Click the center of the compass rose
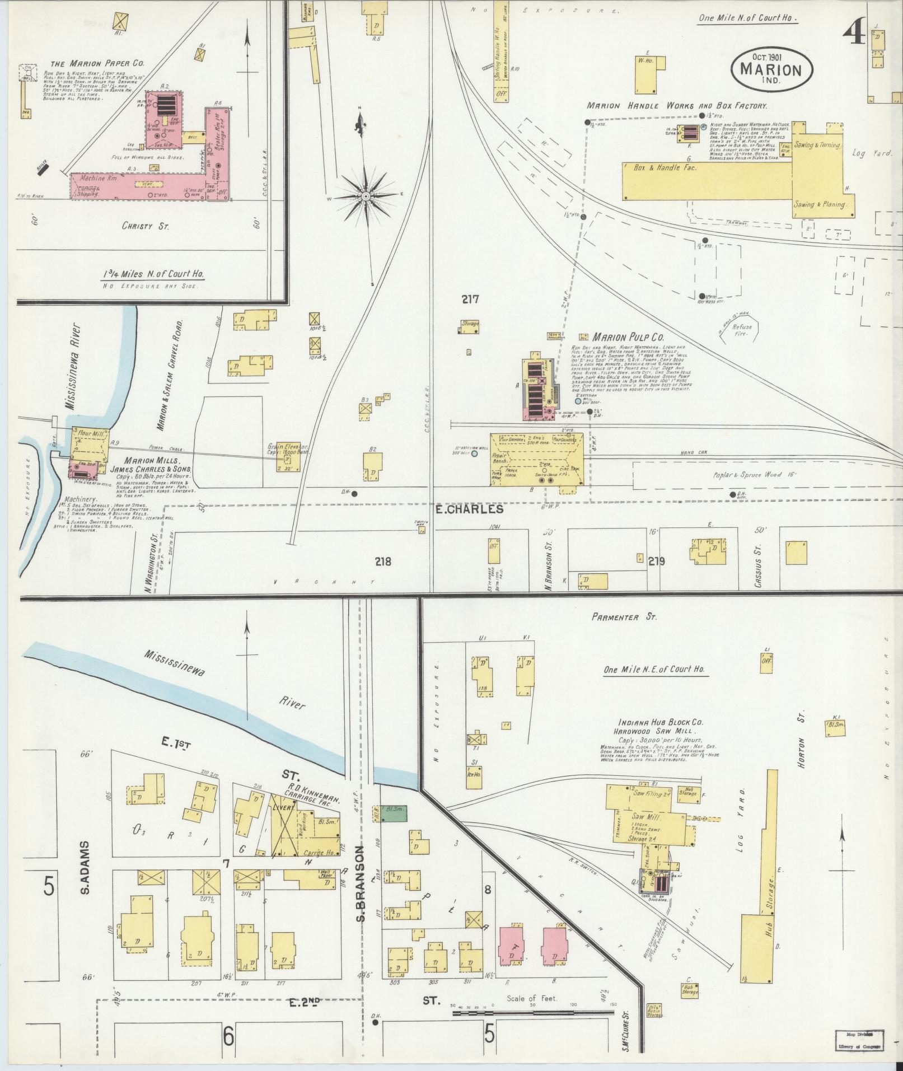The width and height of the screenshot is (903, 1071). [366, 197]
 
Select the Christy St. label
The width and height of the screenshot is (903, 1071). [146, 226]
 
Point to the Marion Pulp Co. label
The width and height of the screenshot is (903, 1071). [628, 338]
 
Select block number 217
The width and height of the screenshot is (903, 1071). [470, 300]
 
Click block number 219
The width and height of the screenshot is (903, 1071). [656, 561]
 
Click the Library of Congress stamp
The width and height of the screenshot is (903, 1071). [859, 1040]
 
